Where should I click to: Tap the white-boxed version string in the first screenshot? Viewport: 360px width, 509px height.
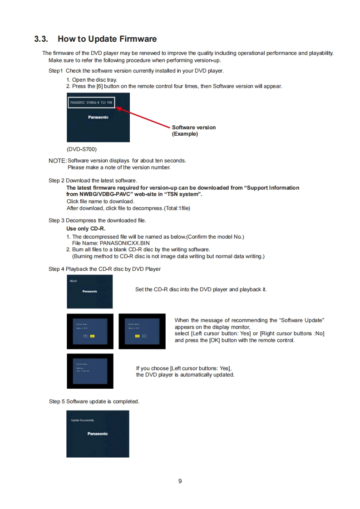(91, 103)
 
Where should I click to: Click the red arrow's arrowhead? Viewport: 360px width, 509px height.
(119, 108)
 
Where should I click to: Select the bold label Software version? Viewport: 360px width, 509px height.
(194, 127)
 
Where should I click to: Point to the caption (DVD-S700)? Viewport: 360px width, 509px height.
(81, 149)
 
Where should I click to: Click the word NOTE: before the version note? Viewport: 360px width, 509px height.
(58, 160)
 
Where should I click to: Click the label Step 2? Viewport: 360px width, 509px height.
(57, 181)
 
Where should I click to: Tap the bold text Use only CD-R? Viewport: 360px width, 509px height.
(86, 229)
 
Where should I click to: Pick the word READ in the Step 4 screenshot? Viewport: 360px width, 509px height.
(73, 281)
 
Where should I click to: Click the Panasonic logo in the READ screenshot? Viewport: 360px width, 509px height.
(89, 291)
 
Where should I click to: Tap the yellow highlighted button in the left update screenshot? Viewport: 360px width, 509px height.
(92, 336)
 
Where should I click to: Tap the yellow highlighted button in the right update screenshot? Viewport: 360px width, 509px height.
(138, 336)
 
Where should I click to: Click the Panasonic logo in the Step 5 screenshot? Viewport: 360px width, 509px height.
(98, 434)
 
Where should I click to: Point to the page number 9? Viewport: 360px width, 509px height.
(180, 481)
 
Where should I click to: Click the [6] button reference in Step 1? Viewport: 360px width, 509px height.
(93, 86)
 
